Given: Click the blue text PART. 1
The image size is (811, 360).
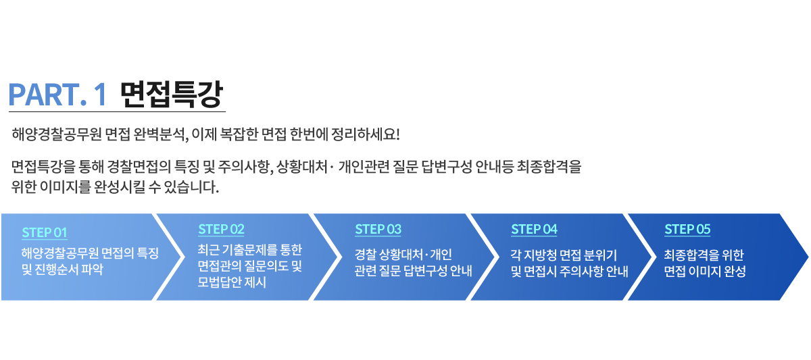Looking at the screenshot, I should pyautogui.click(x=58, y=95).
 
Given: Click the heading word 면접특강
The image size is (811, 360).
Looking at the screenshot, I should pyautogui.click(x=172, y=95).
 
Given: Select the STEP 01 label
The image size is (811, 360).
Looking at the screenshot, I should pyautogui.click(x=45, y=232).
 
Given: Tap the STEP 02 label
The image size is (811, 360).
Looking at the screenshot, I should pyautogui.click(x=221, y=228).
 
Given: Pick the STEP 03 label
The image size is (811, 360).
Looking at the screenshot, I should pyautogui.click(x=378, y=229).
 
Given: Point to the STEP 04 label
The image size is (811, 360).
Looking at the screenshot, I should pyautogui.click(x=534, y=229).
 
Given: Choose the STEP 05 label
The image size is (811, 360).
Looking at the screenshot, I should pyautogui.click(x=687, y=229).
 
